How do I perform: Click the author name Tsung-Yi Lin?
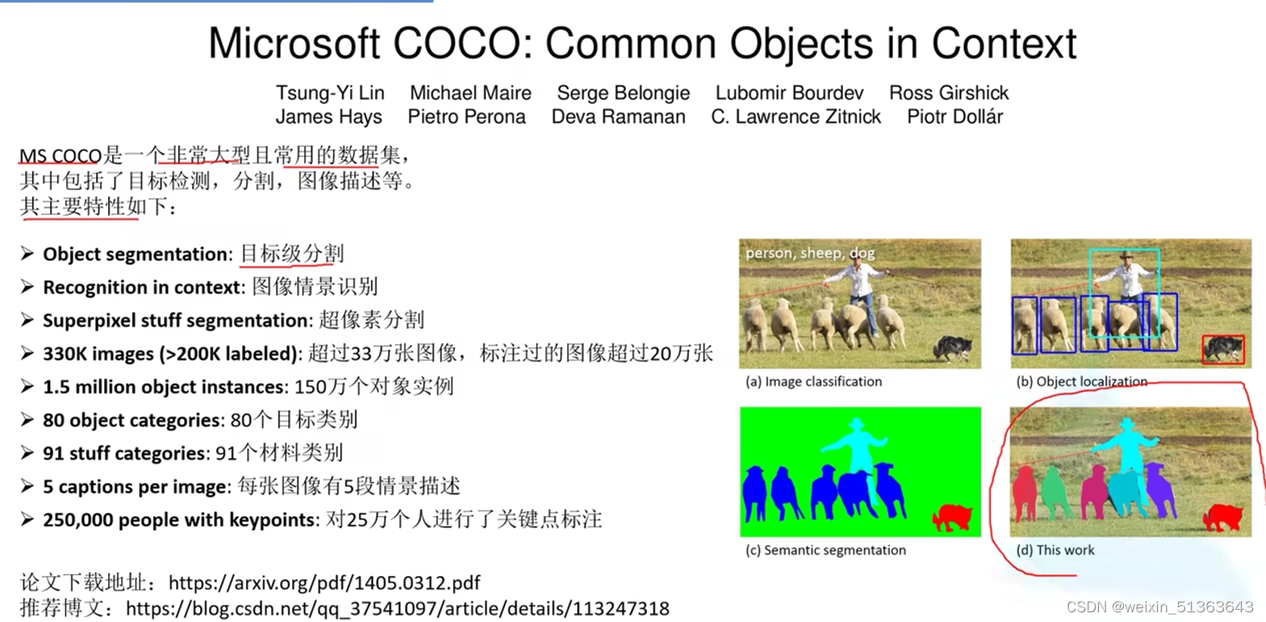point(330,93)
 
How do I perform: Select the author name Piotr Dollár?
point(954,117)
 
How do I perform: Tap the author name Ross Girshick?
point(949,93)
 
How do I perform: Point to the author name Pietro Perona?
point(466,117)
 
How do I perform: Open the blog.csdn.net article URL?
point(398,607)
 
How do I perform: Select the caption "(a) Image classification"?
point(814,382)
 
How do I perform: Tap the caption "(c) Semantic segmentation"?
point(825,550)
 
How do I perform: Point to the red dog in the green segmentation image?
point(954,516)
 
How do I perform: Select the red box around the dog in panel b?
point(1222,350)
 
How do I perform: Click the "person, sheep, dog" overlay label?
point(810,253)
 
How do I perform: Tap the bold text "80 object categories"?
point(132,420)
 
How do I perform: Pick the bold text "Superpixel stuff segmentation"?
point(175,320)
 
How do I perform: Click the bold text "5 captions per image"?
point(135,486)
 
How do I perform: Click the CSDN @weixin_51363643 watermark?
point(1160,606)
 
